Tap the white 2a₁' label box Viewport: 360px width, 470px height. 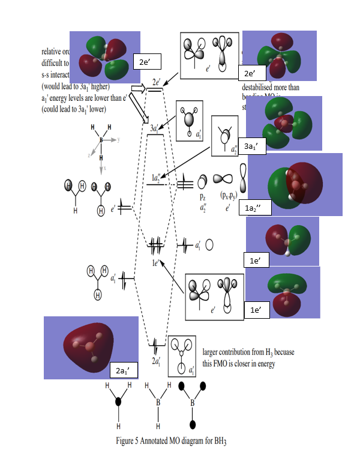(x=124, y=368)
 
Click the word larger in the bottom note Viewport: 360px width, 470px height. (x=214, y=351)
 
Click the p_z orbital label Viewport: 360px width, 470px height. (x=203, y=196)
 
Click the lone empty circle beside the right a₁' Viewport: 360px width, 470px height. (x=209, y=245)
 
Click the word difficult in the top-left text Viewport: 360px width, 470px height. (x=52, y=61)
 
